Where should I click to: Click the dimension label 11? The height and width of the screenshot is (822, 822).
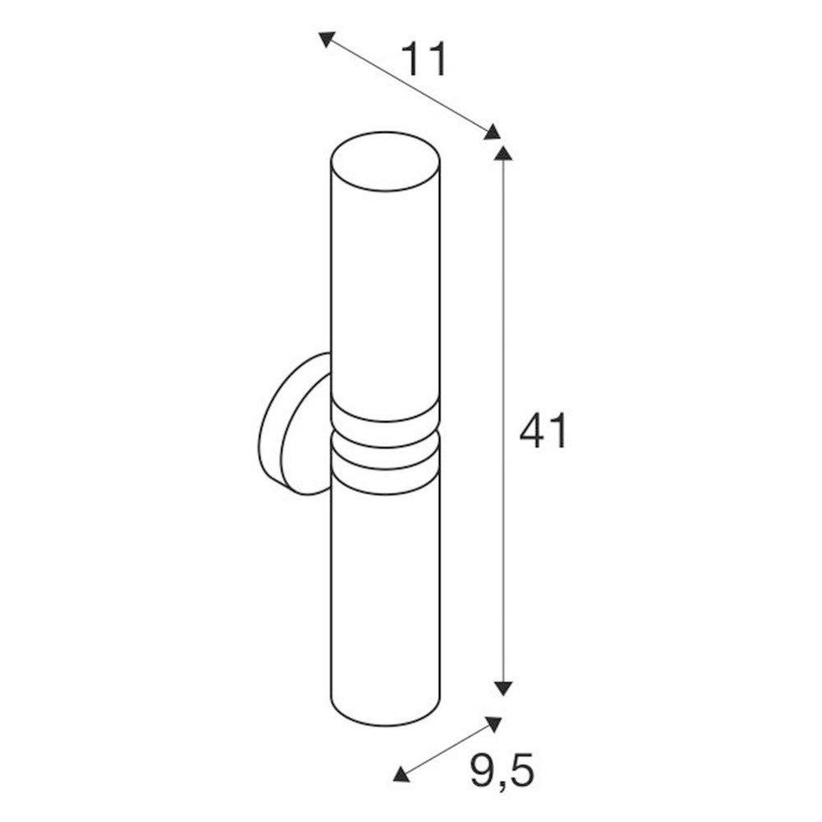pos(424,58)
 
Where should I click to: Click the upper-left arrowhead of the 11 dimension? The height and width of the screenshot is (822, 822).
pos(326,39)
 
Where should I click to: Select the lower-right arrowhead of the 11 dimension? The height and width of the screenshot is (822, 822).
pos(492,132)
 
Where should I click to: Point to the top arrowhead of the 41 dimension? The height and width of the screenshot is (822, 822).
pos(503,153)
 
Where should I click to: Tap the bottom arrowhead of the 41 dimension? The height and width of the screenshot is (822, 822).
pos(503,688)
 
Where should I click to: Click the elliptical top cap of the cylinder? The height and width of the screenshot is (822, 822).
pos(386,161)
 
